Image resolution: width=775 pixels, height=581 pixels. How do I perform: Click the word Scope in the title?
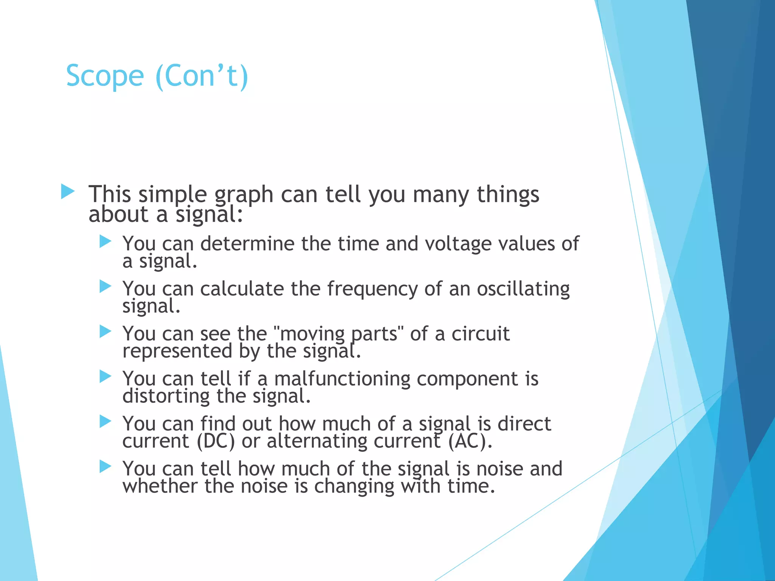[x=105, y=76]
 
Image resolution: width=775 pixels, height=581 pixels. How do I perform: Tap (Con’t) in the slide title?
[x=202, y=76]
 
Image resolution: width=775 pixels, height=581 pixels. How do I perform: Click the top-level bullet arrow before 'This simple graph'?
[x=68, y=191]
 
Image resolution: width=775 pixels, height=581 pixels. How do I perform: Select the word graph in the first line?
[x=244, y=195]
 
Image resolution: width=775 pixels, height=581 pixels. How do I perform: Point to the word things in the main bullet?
[x=507, y=195]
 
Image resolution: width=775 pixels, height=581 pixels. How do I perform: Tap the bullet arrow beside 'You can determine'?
[x=105, y=241]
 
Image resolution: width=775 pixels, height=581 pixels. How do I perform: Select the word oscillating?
[x=523, y=289]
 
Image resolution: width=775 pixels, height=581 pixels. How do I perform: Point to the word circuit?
[x=480, y=334]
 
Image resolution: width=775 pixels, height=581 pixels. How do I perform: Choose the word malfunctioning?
[x=342, y=379]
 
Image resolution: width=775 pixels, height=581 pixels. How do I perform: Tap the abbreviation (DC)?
[x=216, y=441]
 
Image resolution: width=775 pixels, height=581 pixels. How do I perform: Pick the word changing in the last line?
[x=354, y=486]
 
